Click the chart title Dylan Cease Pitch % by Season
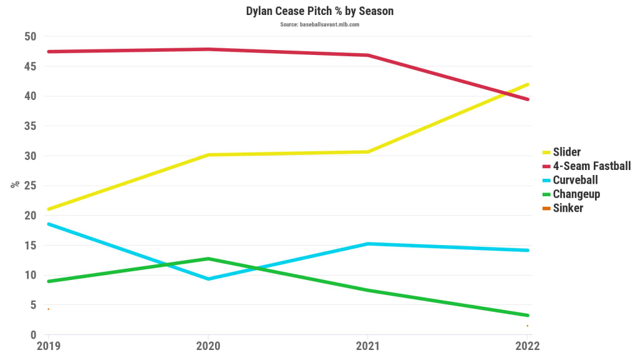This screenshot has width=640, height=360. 319,11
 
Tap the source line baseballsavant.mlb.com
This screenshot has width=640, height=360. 319,24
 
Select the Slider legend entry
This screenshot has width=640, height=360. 567,152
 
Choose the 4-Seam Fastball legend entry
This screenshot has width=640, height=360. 591,166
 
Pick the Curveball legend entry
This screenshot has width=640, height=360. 575,180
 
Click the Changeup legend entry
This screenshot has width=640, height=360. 576,194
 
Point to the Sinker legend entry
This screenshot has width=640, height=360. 567,208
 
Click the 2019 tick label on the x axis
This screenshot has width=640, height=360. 48,346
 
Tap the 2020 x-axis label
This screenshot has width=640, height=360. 208,346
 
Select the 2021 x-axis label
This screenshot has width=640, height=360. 367,346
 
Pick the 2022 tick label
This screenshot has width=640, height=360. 527,346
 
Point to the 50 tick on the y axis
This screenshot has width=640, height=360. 30,37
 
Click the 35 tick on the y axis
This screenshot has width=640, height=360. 30,126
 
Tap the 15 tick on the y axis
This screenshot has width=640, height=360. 30,246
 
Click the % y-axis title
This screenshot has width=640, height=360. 14,185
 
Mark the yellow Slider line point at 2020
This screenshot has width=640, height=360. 208,154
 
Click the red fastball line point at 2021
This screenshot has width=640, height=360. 367,55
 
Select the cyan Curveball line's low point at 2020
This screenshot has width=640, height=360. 208,279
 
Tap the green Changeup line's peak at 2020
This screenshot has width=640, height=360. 208,258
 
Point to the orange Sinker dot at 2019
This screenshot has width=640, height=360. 48,309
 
